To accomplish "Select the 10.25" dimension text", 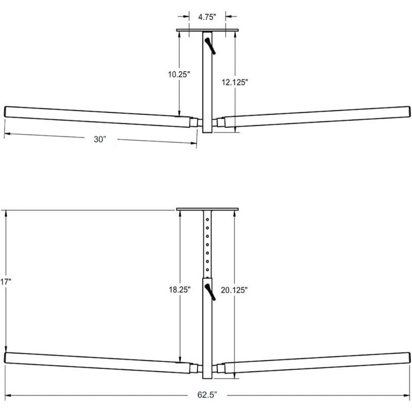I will (179, 74).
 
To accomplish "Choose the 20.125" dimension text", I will (235, 289).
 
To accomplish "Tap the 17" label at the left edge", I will (5, 282).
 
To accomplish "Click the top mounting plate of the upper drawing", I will (207, 31).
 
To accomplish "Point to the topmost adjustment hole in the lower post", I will (207, 218).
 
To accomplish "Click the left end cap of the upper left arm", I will (6, 111).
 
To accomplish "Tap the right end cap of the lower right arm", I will (408, 356).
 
